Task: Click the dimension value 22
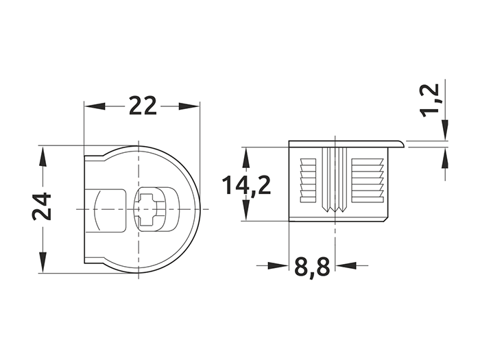pyautogui.click(x=143, y=106)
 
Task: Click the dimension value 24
pyautogui.click(x=42, y=206)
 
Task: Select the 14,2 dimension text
pyautogui.click(x=246, y=186)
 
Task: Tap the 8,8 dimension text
pyautogui.click(x=312, y=267)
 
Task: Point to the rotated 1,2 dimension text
pyautogui.click(x=430, y=101)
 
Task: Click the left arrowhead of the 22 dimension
pyautogui.click(x=95, y=106)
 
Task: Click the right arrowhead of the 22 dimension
pyautogui.click(x=189, y=106)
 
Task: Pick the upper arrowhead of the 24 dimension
pyautogui.click(x=43, y=157)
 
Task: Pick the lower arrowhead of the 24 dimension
pyautogui.click(x=43, y=262)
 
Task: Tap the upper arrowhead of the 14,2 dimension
pyautogui.click(x=245, y=157)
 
